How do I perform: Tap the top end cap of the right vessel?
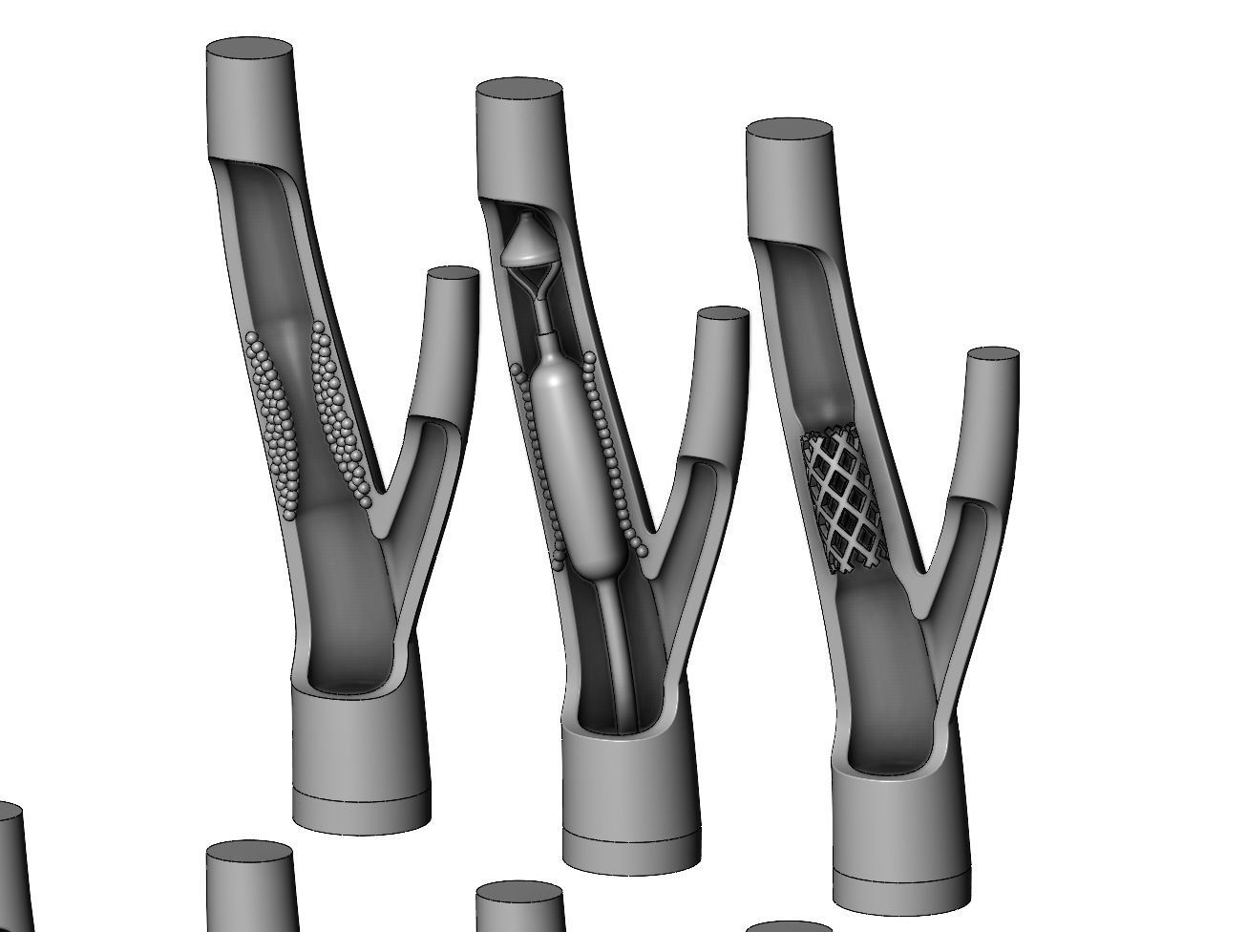[x=789, y=135]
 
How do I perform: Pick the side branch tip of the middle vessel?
[x=722, y=315]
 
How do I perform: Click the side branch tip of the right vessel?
[x=994, y=354]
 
